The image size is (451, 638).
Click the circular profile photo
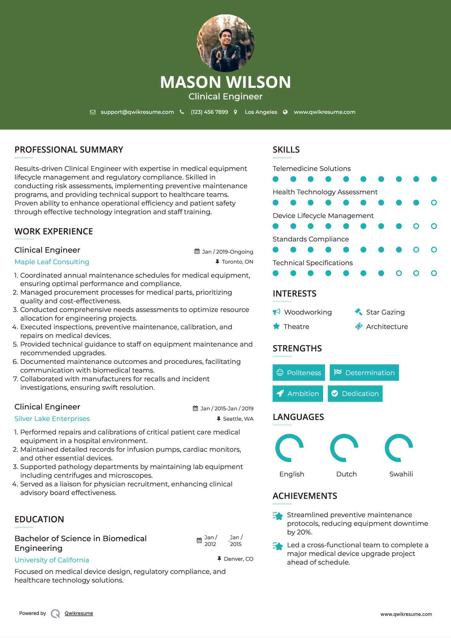(225, 43)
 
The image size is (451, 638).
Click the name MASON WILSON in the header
(225, 82)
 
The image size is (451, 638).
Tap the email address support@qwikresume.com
(137, 112)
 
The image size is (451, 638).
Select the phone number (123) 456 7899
(209, 112)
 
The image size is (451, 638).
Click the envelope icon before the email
(93, 112)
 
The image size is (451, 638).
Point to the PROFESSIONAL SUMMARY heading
(69, 150)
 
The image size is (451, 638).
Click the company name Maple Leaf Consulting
(52, 262)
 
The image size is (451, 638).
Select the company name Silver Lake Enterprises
(52, 419)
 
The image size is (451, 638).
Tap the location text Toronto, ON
(237, 262)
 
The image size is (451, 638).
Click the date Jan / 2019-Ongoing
(227, 252)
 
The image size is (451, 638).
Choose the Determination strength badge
(364, 373)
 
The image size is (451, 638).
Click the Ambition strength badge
(298, 394)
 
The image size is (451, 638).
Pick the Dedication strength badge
(355, 394)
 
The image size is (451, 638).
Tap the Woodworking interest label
(308, 312)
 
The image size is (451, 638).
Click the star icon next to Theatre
(276, 326)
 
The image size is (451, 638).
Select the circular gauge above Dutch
(344, 448)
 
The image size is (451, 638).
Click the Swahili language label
(401, 474)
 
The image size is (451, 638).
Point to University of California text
(52, 560)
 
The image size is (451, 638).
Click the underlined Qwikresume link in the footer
(79, 613)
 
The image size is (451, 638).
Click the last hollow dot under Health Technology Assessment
(434, 203)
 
